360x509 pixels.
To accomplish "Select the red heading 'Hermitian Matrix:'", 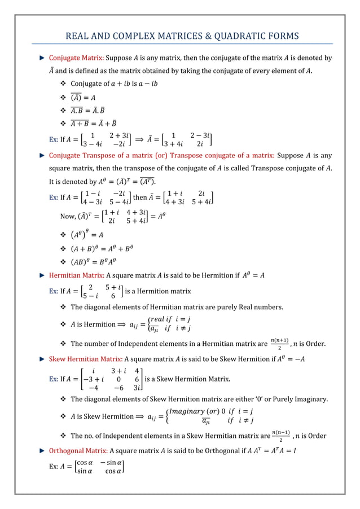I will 76,275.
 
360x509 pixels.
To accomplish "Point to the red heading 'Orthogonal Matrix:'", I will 78,451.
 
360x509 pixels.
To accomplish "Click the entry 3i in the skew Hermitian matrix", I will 138,388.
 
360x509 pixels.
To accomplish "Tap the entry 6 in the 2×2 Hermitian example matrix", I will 113,295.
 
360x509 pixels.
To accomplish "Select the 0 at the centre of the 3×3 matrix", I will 119,378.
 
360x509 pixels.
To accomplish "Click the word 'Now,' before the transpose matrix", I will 68,216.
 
